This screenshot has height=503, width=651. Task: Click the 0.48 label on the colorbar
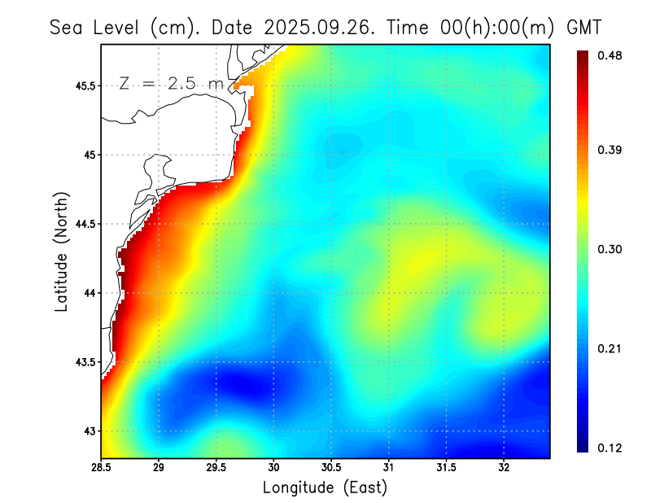(x=611, y=55)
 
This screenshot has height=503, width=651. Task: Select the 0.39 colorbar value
(x=611, y=150)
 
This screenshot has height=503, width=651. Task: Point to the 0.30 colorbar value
(x=611, y=249)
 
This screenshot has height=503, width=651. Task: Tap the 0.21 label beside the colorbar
(x=611, y=349)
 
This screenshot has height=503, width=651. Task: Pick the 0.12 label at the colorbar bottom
(x=611, y=448)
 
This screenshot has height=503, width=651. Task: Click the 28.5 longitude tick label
(x=102, y=468)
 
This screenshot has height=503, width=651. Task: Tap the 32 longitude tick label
(x=505, y=468)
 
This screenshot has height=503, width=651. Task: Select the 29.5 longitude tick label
(x=216, y=468)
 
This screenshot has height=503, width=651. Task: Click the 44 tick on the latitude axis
(x=90, y=293)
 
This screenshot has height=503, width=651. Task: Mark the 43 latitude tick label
(x=90, y=431)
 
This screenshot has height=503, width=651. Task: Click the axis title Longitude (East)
(x=325, y=488)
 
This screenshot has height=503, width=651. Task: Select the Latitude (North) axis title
(x=62, y=251)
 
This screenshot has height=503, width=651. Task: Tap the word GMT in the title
(x=583, y=27)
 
